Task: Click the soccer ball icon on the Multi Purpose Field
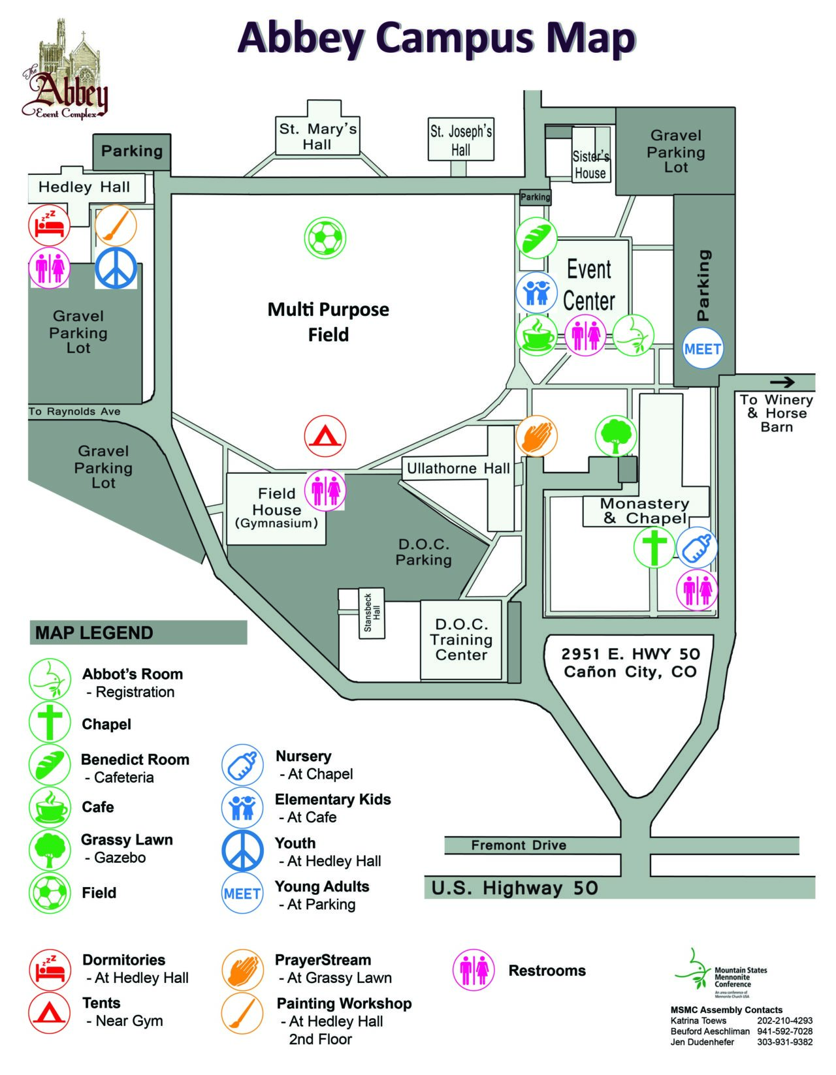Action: [x=325, y=238]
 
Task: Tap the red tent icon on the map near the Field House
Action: [x=325, y=435]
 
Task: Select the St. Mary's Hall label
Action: [x=317, y=136]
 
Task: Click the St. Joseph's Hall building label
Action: [x=460, y=140]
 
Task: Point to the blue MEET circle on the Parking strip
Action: [x=702, y=349]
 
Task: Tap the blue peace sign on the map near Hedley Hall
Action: [x=116, y=268]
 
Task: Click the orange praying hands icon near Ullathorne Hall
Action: [x=536, y=435]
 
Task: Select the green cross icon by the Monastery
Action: [x=655, y=547]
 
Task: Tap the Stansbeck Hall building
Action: [x=372, y=613]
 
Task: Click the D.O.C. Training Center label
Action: [x=461, y=640]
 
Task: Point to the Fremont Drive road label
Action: [x=519, y=845]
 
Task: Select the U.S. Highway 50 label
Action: [x=515, y=888]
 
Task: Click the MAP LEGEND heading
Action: [x=94, y=632]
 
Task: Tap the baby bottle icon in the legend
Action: [x=242, y=764]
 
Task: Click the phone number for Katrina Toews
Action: [x=784, y=1020]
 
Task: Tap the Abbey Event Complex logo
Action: [x=65, y=70]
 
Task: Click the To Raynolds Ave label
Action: [x=74, y=412]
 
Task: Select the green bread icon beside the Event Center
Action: [x=536, y=238]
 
